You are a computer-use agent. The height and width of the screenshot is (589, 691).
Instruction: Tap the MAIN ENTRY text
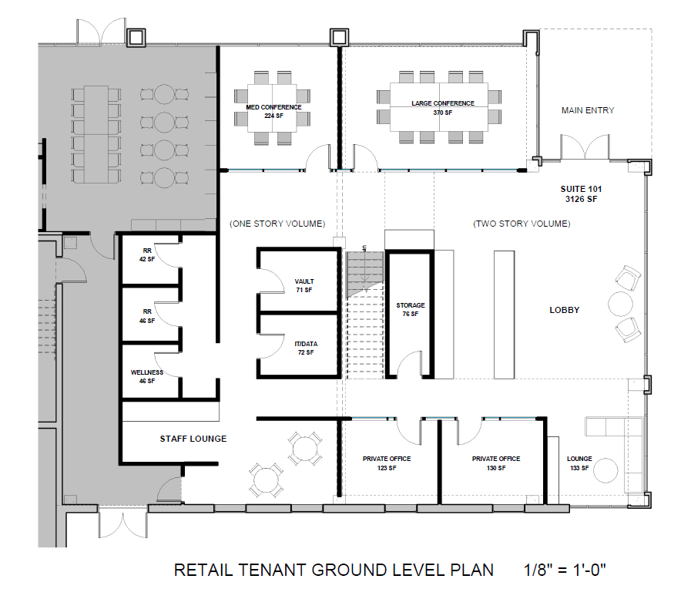(588, 110)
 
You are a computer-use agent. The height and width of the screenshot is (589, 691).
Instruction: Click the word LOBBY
(564, 310)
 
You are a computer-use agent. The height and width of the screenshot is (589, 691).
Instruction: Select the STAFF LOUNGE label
(193, 439)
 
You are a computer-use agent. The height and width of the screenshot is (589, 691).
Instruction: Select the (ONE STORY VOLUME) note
(277, 224)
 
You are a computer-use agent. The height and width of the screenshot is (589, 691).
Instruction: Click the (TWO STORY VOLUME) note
(522, 224)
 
